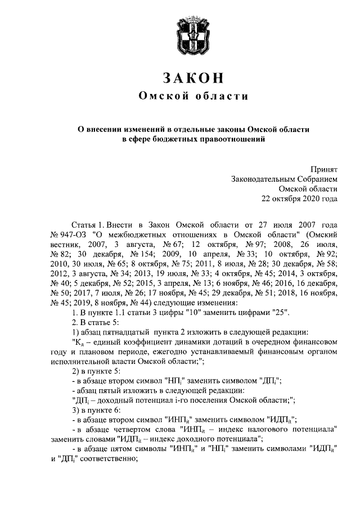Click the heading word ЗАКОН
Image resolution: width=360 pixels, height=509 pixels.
(x=193, y=78)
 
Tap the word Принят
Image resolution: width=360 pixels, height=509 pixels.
(x=325, y=168)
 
